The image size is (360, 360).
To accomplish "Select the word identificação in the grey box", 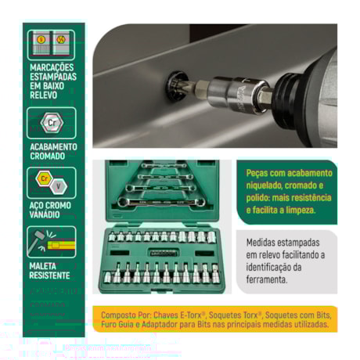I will tap(273, 266).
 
